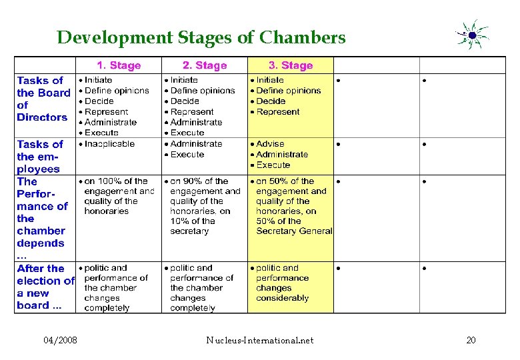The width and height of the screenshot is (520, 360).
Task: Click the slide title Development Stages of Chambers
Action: pos(201,37)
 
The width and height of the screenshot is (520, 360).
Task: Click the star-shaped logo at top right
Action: pos(472,35)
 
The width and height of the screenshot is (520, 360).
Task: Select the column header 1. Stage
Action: pos(119,65)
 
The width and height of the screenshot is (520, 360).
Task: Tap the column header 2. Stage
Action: pos(205,65)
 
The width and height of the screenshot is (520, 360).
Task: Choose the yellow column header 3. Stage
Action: pos(290,65)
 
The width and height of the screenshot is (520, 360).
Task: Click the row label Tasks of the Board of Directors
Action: pos(43,99)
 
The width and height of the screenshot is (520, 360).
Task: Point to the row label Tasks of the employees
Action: pos(39,156)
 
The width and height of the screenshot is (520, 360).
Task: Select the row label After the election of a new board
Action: pos(44,287)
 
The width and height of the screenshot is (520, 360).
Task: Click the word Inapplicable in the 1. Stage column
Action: pos(109,144)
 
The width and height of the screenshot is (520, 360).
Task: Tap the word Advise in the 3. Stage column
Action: pos(270,144)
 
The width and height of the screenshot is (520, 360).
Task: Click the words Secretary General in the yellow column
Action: pos(294,231)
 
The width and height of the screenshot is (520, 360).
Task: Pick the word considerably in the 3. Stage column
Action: pos(283,298)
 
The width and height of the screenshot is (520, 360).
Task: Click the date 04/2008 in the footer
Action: pos(60,341)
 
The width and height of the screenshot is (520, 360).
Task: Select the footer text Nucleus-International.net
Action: pos(260,341)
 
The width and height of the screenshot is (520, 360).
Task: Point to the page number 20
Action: pos(471,341)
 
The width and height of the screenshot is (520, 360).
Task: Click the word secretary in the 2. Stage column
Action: pos(189,231)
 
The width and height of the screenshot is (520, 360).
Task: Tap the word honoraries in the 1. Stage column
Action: pos(106,211)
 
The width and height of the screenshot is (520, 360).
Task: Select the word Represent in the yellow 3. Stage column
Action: pos(278,112)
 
